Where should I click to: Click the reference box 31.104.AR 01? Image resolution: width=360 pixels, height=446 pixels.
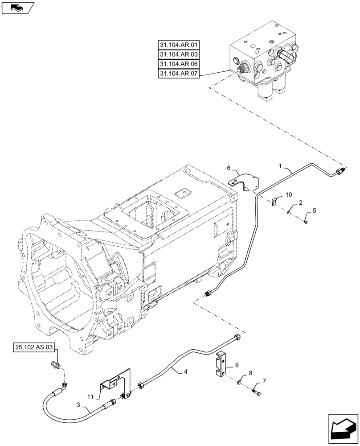(x=179, y=45)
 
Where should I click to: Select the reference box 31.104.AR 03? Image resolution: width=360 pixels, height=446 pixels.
(x=179, y=54)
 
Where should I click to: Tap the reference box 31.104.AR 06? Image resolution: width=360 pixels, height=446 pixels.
(x=179, y=64)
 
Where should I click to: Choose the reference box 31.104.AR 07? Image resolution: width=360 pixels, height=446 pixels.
(x=179, y=74)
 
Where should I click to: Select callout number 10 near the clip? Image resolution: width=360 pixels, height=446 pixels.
(x=289, y=195)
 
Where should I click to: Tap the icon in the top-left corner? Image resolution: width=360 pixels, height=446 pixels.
(x=17, y=8)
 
